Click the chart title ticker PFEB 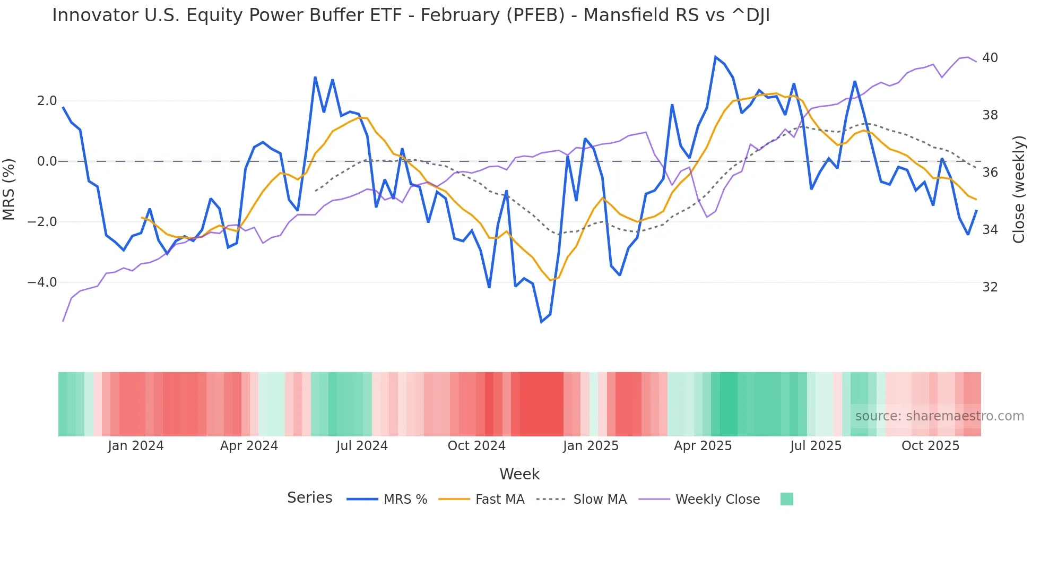535,15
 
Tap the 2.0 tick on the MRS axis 47,101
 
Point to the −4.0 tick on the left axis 42,282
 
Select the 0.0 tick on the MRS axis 47,161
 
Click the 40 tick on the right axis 990,58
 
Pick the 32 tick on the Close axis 990,287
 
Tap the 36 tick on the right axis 990,173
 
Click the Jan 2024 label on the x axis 135,446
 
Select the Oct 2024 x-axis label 476,446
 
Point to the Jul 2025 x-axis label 816,446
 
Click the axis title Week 519,474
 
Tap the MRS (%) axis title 9,190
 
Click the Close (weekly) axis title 1018,190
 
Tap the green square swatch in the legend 786,499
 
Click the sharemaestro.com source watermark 939,416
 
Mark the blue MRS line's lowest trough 541,322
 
